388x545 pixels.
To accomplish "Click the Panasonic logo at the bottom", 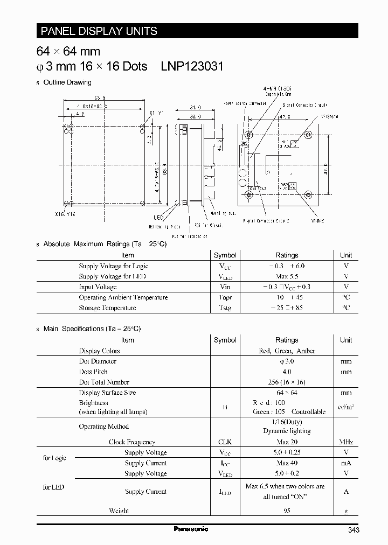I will coord(190,529).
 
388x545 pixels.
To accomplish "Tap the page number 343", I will coord(353,530).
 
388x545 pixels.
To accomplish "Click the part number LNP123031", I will coord(192,66).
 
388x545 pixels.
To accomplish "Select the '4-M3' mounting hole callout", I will coord(285,88).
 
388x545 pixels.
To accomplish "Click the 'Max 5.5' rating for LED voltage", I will coord(286,276).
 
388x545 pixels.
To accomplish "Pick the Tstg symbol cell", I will coord(225,308).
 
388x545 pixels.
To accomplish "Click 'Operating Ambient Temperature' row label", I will coord(123,297).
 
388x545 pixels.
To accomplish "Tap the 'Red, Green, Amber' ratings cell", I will coord(287,351).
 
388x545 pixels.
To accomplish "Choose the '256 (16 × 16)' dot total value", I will coord(287,382).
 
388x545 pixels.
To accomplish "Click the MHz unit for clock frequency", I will coord(346,442).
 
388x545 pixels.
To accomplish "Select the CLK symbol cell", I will coord(225,442).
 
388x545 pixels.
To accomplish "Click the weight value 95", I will coord(287,511).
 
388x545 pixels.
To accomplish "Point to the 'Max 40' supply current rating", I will coord(287,463).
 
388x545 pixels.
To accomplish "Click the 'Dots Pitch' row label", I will coord(93,372).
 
